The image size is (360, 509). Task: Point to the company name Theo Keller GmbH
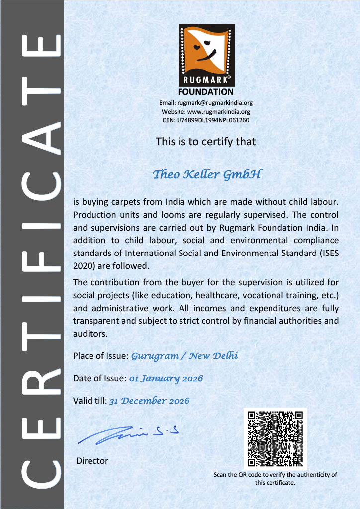pos(206,175)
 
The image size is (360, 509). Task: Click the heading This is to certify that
pos(206,142)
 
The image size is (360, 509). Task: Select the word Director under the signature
pos(92,461)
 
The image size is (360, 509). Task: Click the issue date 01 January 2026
pos(166,379)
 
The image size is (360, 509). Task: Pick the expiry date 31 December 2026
pos(149,401)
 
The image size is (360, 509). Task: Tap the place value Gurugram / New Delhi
pos(184,356)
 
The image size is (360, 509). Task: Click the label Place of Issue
pos(101,356)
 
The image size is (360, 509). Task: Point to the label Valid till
pos(90,401)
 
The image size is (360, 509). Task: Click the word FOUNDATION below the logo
pos(206,92)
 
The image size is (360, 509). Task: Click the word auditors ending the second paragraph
pos(90,334)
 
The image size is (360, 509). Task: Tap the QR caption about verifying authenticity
pos(275,478)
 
